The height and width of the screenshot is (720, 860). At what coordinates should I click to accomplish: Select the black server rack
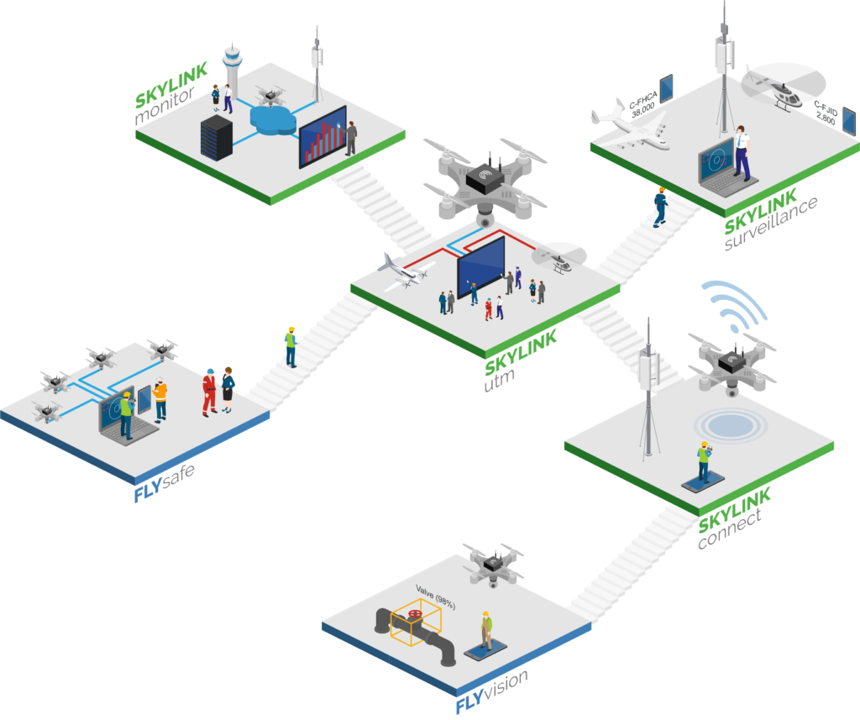(x=215, y=138)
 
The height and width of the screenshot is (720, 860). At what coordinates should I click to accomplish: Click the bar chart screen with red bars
(x=322, y=137)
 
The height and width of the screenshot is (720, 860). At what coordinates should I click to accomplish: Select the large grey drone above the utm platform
(x=483, y=181)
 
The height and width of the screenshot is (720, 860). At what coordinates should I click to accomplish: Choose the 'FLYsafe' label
(x=165, y=482)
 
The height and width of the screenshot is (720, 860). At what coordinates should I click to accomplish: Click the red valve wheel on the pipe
(x=414, y=620)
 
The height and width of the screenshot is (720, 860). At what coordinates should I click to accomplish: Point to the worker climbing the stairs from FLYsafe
(x=291, y=346)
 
